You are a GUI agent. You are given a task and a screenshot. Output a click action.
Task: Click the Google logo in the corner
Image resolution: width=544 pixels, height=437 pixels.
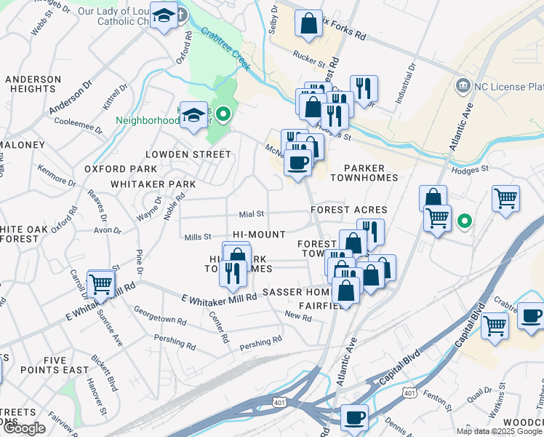(x=23, y=428)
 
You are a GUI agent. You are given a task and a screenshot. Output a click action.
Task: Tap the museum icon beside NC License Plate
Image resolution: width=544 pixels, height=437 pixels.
(x=462, y=87)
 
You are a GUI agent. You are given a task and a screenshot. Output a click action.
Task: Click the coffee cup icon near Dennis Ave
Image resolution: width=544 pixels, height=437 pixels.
(x=354, y=418)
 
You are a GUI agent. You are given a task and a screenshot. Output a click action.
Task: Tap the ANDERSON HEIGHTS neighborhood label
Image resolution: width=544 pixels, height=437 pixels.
(x=33, y=84)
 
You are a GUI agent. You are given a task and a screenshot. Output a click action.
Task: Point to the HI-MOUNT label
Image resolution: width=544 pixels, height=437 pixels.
(x=259, y=235)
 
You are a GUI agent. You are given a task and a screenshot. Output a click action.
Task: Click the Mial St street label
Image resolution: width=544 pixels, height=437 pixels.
(x=251, y=214)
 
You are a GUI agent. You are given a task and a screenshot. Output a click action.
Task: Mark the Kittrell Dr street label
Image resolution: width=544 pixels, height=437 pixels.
(x=114, y=95)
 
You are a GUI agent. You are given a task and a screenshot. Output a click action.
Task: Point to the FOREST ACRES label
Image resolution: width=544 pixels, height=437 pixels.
(x=348, y=209)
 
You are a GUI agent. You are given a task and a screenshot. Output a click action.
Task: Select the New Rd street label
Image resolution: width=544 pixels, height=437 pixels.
(x=297, y=315)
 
